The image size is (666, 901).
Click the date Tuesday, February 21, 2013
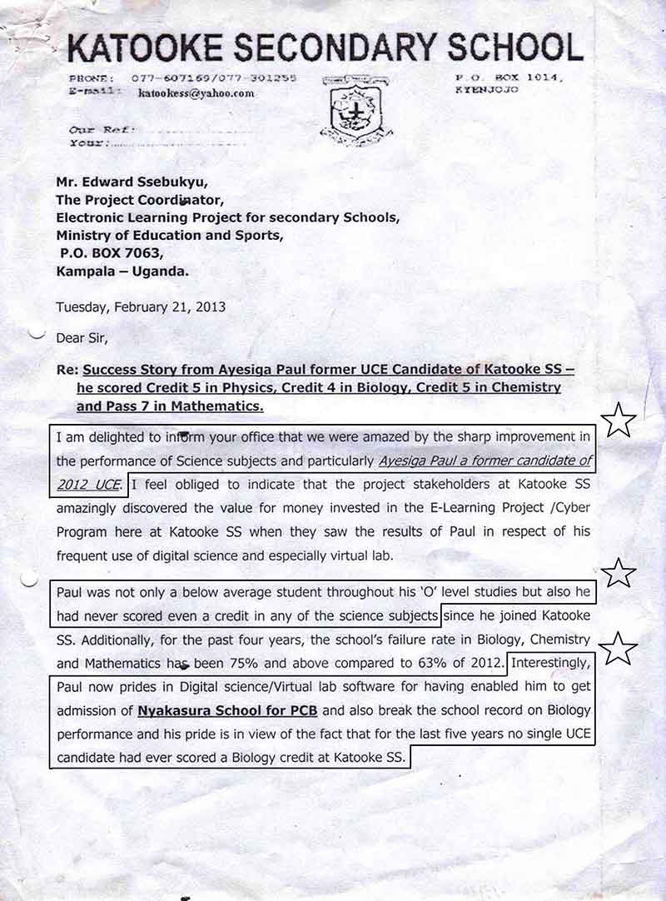pos(141,306)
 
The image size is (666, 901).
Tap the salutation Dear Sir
pos(82,338)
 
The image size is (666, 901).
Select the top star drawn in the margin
pos(619,421)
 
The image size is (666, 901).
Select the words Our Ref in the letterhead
pos(97,129)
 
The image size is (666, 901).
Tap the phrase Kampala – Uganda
pos(122,271)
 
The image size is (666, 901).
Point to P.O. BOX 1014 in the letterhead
pos(509,77)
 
